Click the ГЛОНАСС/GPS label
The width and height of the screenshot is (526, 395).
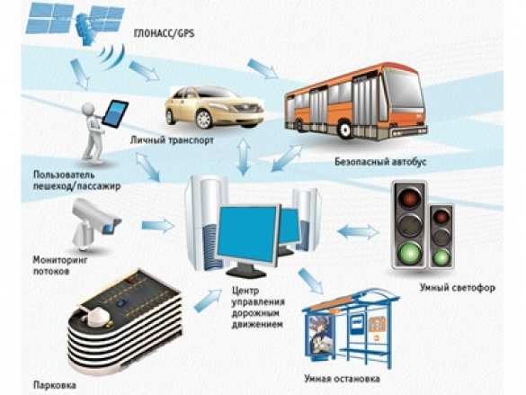[x=164, y=33]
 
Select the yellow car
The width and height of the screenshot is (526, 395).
[x=214, y=107]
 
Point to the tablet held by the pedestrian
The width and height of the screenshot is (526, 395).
[x=115, y=113]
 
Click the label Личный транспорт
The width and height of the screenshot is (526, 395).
[x=172, y=140]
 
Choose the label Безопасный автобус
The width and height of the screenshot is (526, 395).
[x=380, y=162]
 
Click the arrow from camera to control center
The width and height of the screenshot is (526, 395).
[x=157, y=225]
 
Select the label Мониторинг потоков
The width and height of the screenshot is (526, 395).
[x=60, y=265]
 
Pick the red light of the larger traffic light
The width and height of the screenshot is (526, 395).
[x=410, y=197]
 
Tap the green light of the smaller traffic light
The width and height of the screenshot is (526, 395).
[x=441, y=257]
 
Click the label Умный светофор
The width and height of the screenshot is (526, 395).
[x=458, y=288]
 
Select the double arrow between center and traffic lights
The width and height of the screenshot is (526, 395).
[x=358, y=232]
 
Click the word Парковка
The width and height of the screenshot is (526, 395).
[x=55, y=385]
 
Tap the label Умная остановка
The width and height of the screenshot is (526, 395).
[x=343, y=379]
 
